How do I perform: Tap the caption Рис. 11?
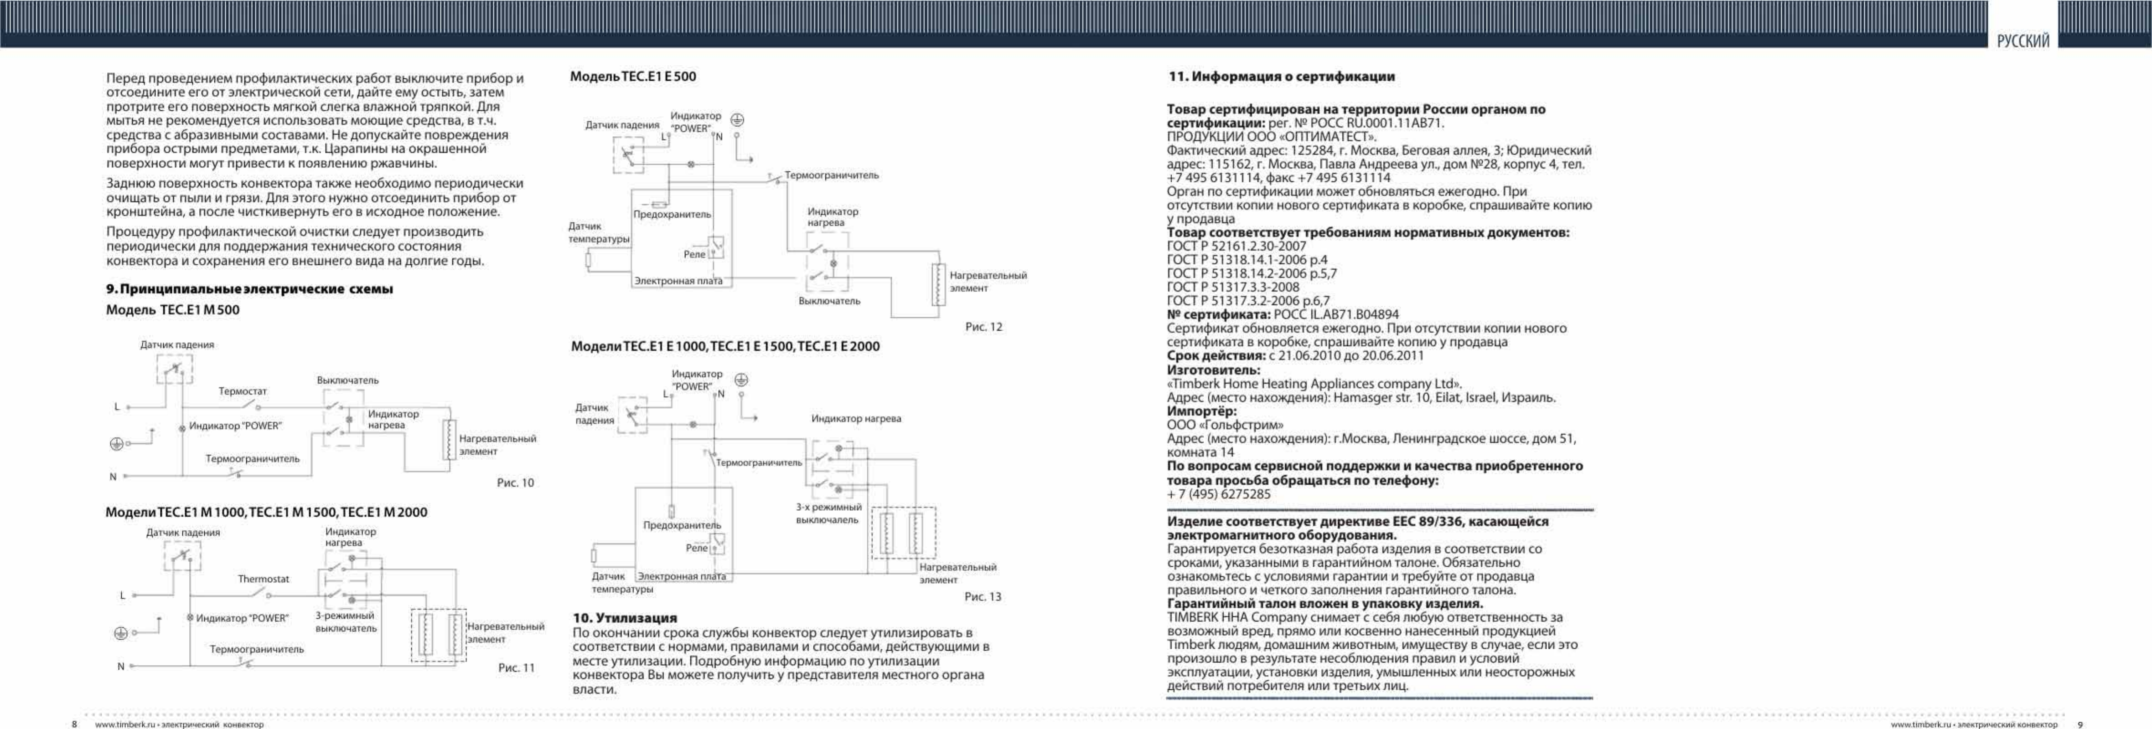point(516,668)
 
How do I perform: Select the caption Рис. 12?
point(983,327)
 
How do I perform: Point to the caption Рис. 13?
point(983,597)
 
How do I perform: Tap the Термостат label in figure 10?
point(242,391)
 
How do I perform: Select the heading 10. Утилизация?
point(625,618)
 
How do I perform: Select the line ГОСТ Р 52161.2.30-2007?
point(1236,246)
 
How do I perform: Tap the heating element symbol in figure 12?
point(939,284)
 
